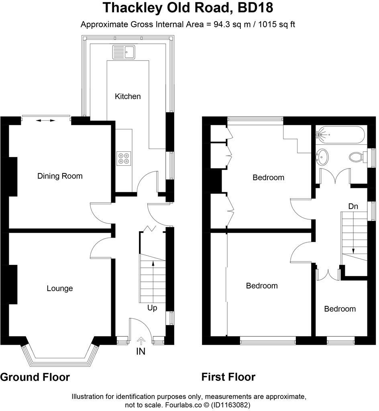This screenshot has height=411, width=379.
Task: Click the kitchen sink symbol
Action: tap(125, 52)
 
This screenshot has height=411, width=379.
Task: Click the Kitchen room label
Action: tap(128, 96)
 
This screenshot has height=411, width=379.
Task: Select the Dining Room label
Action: tap(60, 176)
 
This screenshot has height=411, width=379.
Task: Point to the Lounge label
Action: tap(60, 288)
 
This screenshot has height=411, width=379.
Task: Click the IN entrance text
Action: tap(141, 352)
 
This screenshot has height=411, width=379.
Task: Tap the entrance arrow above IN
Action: tap(141, 340)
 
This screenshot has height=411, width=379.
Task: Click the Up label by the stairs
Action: tap(152, 308)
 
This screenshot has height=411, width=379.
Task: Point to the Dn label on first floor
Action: tap(353, 206)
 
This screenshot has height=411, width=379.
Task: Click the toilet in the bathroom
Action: tap(356, 157)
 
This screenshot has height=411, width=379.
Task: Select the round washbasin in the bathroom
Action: tap(322, 157)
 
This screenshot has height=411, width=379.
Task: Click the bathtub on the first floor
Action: tap(341, 134)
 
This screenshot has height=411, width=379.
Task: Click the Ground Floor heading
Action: tap(35, 377)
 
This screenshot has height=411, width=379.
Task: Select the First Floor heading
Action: tap(228, 377)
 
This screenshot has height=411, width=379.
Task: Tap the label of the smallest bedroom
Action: tap(340, 309)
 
